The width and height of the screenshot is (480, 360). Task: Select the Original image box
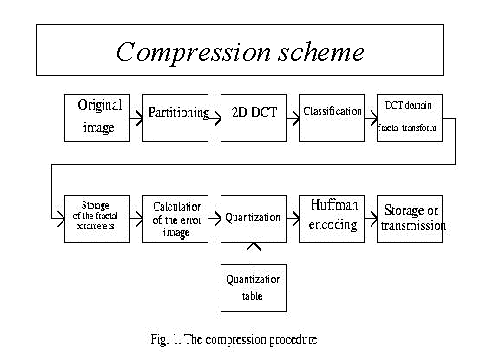tap(96, 117)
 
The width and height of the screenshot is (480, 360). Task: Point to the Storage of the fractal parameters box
tap(96, 218)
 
